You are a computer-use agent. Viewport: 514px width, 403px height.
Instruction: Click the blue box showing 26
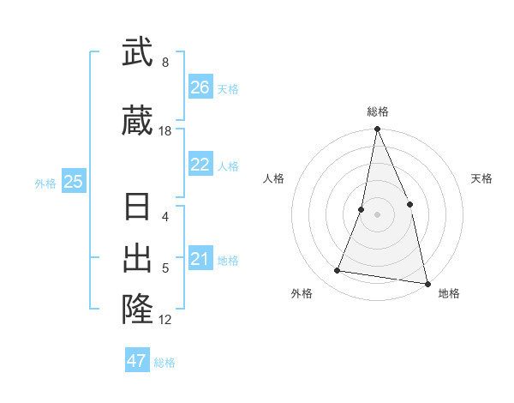tap(200, 87)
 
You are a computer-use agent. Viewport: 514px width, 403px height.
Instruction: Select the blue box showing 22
tap(200, 165)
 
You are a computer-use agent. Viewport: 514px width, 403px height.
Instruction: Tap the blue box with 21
tap(200, 259)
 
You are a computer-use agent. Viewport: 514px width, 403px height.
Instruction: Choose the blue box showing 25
tap(74, 181)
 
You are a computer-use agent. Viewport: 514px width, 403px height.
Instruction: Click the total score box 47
tap(137, 361)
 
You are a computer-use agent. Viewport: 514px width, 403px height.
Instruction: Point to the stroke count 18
tap(165, 131)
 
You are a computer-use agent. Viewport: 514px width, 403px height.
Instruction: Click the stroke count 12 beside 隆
tap(165, 320)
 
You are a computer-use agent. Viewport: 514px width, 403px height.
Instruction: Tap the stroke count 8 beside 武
tap(165, 63)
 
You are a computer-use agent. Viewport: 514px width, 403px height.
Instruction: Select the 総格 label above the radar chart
tap(377, 111)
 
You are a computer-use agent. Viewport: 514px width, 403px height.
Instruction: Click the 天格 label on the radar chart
tap(481, 178)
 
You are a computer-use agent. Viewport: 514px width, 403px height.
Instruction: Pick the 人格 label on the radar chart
tap(273, 178)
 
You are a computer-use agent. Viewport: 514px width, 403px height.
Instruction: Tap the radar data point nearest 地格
tap(427, 282)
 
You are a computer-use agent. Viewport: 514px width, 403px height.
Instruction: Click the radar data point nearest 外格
tap(338, 271)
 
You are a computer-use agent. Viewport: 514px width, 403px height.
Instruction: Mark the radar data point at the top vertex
tap(377, 129)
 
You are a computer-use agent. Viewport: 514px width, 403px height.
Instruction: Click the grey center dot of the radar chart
tap(377, 214)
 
